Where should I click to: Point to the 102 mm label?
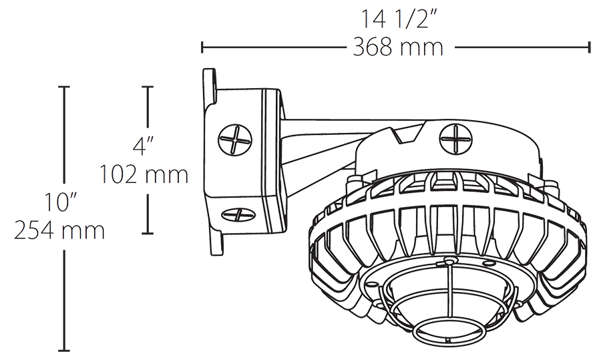click(144, 175)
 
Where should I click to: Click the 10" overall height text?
click(61, 201)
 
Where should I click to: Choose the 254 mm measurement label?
click(59, 231)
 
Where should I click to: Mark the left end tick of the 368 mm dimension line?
click(202, 47)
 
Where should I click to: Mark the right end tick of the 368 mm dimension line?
click(589, 47)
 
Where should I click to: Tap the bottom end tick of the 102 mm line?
click(148, 233)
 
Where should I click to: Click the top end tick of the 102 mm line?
click(148, 87)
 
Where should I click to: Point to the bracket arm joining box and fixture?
click(321, 140)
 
